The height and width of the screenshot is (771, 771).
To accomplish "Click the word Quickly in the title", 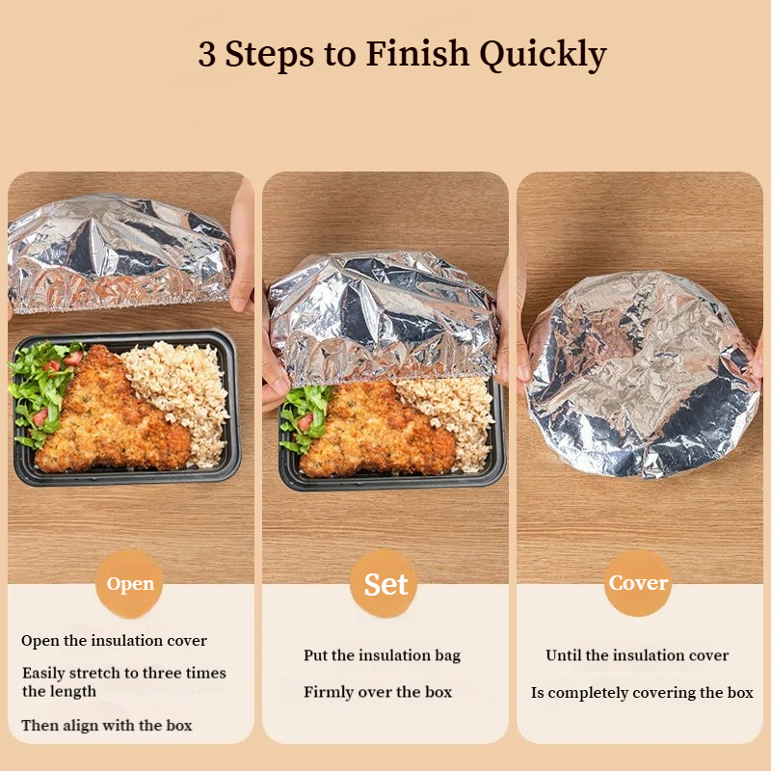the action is coord(543,55).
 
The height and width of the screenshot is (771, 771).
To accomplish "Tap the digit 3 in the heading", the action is coord(207,54).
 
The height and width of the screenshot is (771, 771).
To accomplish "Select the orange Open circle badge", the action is coord(130,584).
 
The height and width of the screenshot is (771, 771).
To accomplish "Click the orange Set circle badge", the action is coord(385,584).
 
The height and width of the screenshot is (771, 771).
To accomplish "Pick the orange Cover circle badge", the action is coord(638,583).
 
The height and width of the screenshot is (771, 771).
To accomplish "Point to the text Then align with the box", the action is coord(107,726).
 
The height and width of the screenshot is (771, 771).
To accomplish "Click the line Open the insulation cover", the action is coord(114,641).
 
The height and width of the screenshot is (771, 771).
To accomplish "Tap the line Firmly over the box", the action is coord(378,692).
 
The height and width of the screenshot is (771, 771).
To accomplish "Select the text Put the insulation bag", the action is coord(382,655).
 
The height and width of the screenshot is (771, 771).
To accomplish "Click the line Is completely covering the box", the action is coord(642,693).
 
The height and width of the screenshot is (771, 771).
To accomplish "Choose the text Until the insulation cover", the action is coord(637,655).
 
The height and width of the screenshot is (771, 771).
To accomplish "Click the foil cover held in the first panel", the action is coord(120,253).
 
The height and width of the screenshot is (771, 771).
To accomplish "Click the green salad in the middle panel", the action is coord(305,418).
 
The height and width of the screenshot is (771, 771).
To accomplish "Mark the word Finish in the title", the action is coord(417,53).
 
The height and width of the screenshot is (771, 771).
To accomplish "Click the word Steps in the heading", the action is coord(270,54).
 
